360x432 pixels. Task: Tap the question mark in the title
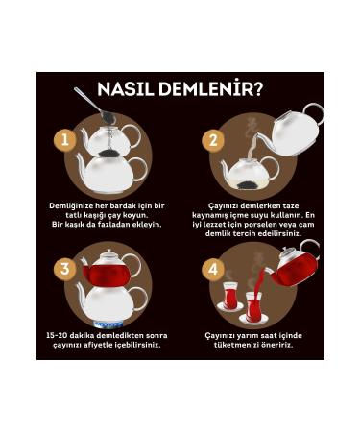[257, 89]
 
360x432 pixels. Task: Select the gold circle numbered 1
[65, 140]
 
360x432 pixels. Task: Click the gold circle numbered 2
[213, 140]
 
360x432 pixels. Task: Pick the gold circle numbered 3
[65, 269]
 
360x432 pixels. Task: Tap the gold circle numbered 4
[213, 269]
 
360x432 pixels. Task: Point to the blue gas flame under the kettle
[108, 324]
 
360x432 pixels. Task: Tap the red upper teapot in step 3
[108, 269]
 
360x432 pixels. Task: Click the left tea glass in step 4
[230, 296]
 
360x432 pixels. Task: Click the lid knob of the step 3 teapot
[108, 251]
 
